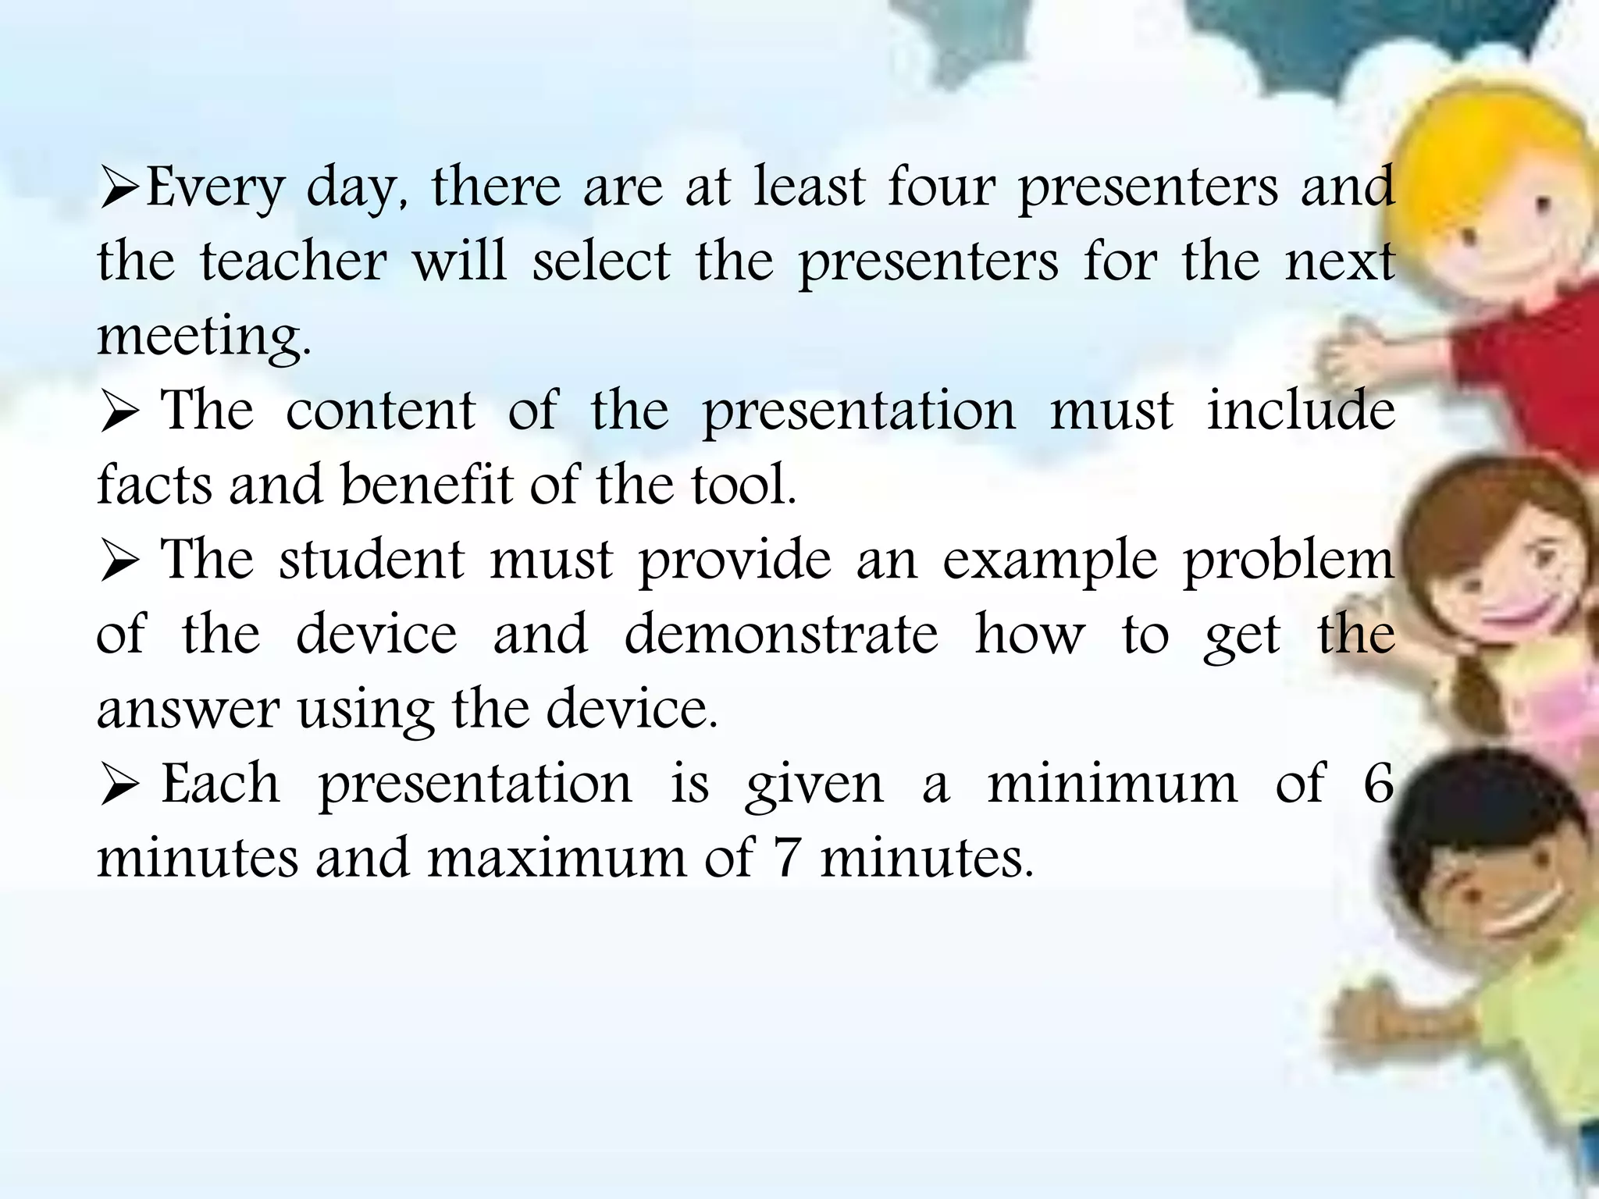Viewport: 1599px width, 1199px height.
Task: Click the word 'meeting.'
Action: [x=204, y=336]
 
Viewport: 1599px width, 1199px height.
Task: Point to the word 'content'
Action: [x=380, y=411]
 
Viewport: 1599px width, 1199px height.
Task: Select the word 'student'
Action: [x=372, y=560]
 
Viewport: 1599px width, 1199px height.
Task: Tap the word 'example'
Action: [x=1050, y=561]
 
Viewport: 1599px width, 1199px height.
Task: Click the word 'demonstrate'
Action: [x=781, y=634]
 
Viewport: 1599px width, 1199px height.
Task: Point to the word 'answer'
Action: [x=187, y=710]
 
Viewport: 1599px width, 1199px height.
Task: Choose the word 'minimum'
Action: [x=1113, y=783]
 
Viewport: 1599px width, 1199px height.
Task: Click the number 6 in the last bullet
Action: [x=1378, y=783]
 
